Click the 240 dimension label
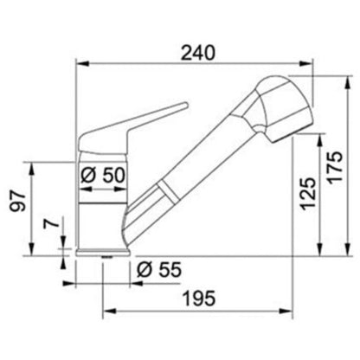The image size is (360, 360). [198, 53]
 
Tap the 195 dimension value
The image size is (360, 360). [199, 298]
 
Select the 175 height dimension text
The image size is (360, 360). [335, 167]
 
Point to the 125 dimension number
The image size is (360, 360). [308, 194]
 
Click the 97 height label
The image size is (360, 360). [18, 201]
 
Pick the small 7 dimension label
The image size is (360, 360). [51, 223]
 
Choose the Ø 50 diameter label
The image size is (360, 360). [103, 175]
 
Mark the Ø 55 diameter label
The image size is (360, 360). [159, 269]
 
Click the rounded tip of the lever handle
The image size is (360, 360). [185, 106]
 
